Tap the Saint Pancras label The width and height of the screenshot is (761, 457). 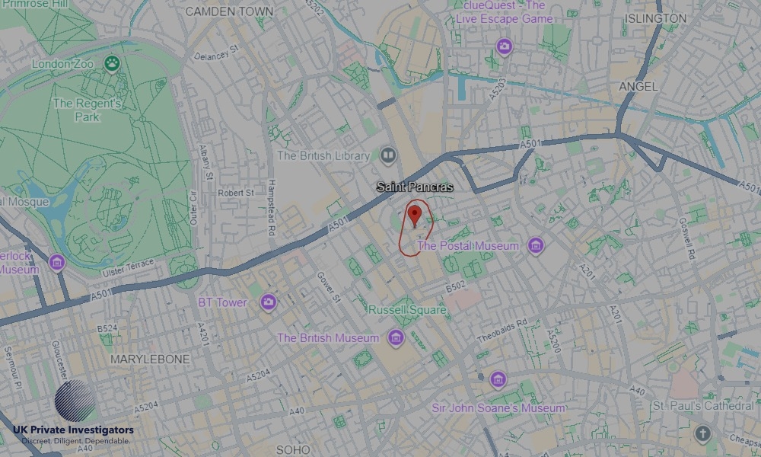415,187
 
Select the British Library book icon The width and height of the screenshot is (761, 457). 389,155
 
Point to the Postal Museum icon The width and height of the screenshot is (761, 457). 536,246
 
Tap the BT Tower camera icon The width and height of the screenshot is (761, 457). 267,302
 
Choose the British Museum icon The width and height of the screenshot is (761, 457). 395,337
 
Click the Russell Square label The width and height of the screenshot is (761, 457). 406,310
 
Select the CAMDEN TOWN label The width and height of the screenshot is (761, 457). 229,11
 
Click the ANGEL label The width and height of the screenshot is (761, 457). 638,87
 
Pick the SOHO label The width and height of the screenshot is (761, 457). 293,450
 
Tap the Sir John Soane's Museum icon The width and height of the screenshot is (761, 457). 498,379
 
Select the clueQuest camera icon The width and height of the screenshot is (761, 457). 504,47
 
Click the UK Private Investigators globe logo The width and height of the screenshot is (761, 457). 75,400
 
